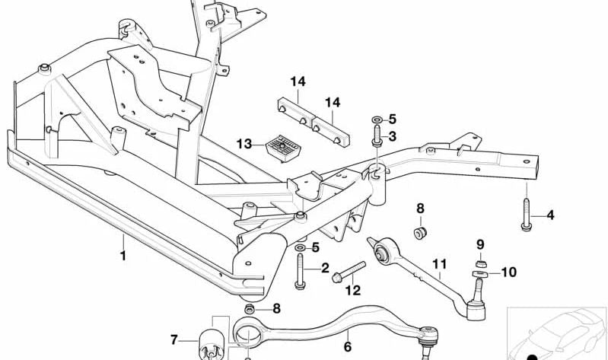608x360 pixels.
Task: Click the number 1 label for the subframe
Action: [x=123, y=256]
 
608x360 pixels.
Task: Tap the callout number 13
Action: [x=244, y=144]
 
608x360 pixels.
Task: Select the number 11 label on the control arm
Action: [x=438, y=266]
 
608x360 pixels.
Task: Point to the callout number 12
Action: [x=352, y=290]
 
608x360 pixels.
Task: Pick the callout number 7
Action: [x=173, y=339]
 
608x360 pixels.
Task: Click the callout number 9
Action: [x=480, y=244]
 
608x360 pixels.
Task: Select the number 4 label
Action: [x=550, y=215]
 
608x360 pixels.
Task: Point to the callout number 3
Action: [x=393, y=136]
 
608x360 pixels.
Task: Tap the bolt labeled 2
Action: [x=300, y=270]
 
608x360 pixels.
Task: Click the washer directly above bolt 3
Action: [x=377, y=120]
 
